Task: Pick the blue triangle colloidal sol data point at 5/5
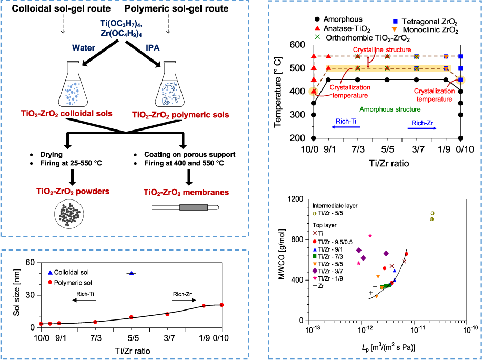point(132,273)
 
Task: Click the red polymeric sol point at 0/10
point(222,305)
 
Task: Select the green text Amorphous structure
point(390,109)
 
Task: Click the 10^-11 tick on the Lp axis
point(414,330)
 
